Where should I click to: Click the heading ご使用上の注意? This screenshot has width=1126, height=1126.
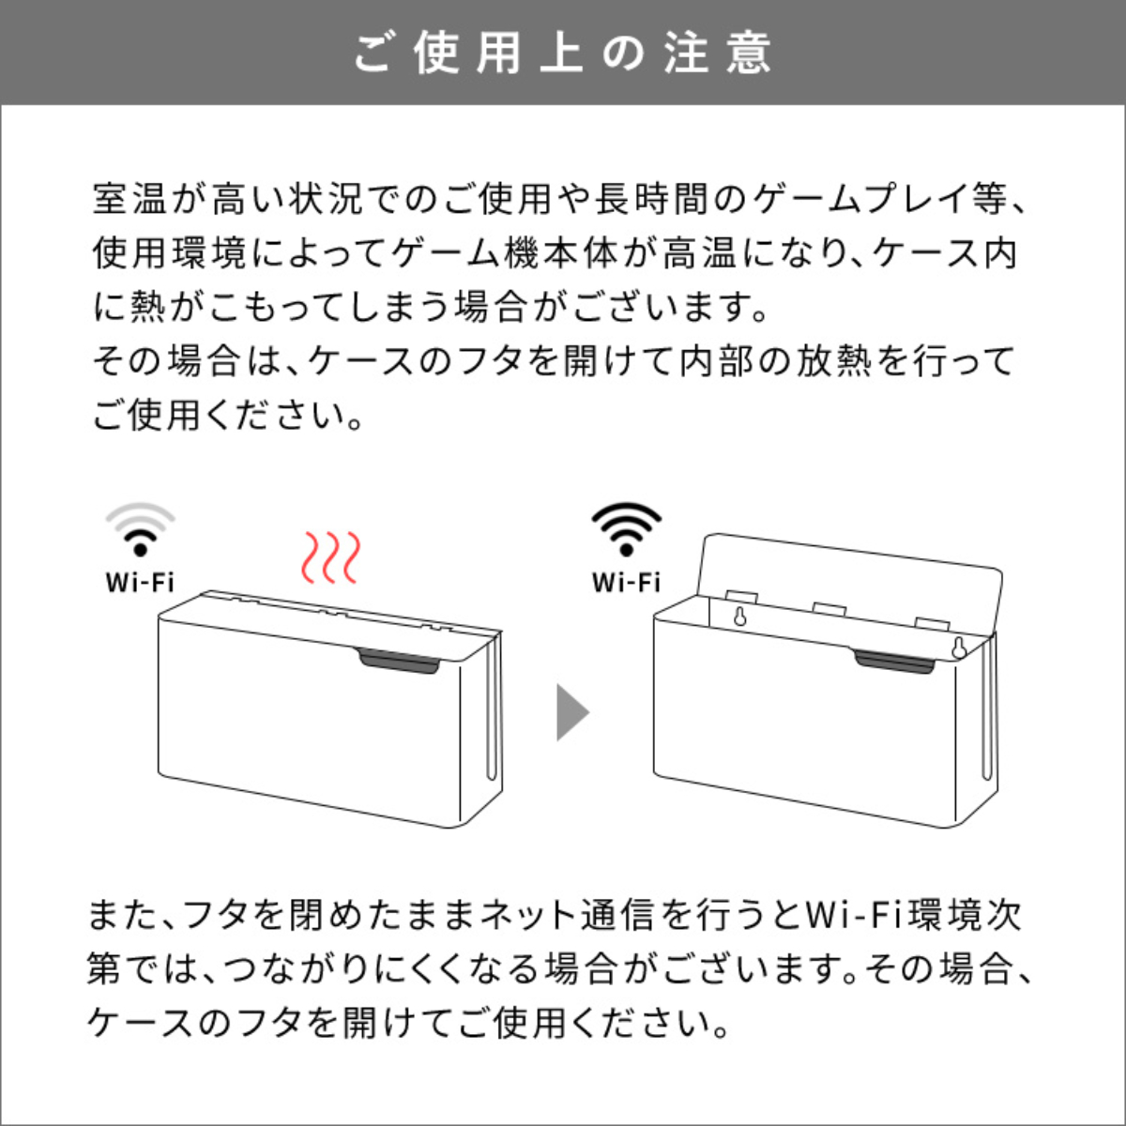563,53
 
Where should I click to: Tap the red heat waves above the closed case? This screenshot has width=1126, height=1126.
330,557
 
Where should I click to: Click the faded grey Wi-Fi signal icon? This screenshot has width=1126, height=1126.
140,529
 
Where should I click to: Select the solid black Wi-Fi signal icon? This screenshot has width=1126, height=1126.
627,529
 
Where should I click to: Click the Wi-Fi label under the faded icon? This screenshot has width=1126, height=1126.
140,583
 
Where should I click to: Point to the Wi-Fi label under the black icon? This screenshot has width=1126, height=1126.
627,583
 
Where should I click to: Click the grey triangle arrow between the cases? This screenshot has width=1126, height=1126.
572,712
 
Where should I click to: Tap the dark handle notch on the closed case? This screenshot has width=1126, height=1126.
399,662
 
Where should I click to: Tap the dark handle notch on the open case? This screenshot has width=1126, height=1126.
894,662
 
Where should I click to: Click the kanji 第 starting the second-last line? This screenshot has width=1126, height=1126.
104,969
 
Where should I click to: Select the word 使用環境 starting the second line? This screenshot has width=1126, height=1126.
169,253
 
